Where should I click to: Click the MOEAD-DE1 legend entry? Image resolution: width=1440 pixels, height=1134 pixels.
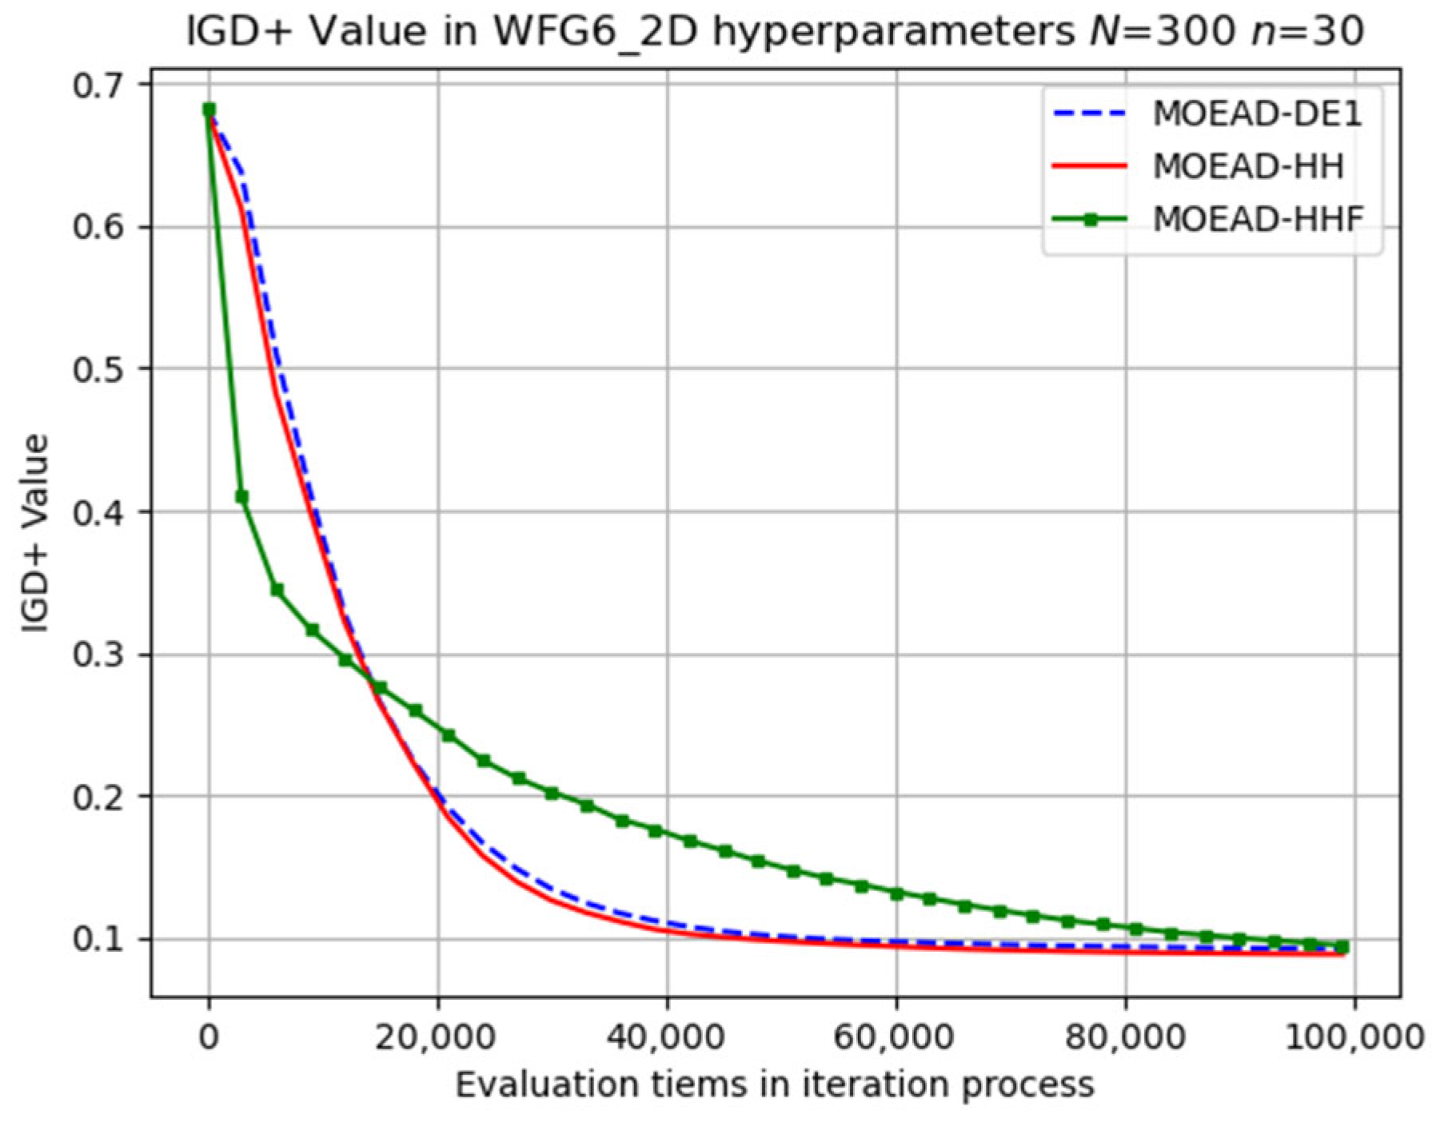click(x=1256, y=114)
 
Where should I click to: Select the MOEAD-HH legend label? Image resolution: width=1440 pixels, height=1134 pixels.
click(x=1247, y=166)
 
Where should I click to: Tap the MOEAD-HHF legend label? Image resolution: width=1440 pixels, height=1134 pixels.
click(x=1258, y=218)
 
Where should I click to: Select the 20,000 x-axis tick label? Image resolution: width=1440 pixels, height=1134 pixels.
click(x=437, y=1037)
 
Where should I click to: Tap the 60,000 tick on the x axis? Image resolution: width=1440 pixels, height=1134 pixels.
click(x=895, y=1037)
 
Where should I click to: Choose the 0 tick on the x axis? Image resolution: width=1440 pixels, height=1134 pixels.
click(x=209, y=1037)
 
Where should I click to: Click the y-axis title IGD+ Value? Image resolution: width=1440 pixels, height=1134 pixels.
click(x=36, y=533)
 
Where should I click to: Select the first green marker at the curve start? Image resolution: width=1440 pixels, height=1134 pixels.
click(x=209, y=109)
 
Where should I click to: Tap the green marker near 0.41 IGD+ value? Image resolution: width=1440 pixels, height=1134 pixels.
click(x=241, y=497)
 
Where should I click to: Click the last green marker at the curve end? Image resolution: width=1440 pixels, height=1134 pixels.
click(x=1342, y=947)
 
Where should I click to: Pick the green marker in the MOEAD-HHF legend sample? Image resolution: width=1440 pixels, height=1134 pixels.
click(x=1090, y=219)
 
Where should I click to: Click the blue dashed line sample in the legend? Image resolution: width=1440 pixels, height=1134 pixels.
click(x=1090, y=114)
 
